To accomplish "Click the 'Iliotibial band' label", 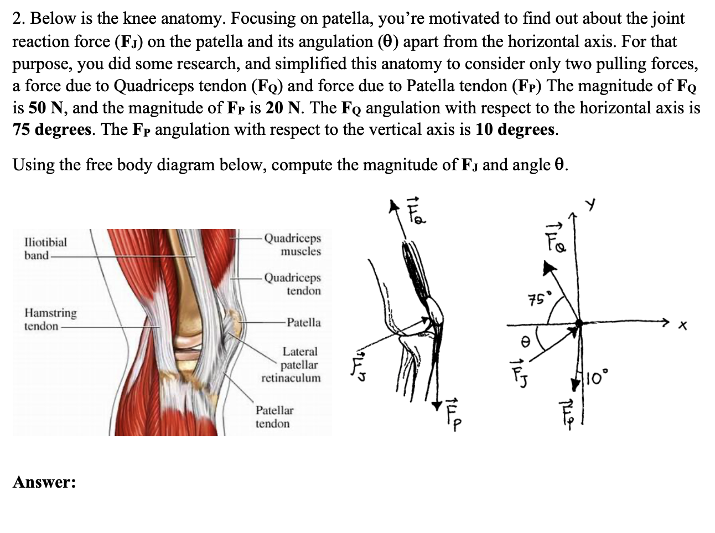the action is (x=45, y=248).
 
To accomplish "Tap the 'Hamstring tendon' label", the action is (x=50, y=319).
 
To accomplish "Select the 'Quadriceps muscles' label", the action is (x=293, y=244).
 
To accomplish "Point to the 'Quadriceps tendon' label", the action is (x=293, y=284).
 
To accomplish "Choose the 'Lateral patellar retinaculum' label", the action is (x=292, y=364).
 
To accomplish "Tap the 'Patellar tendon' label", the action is (x=274, y=417).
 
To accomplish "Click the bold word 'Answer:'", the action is (x=44, y=482).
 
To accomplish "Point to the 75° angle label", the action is (x=536, y=300).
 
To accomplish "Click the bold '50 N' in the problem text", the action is (x=33, y=107).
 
